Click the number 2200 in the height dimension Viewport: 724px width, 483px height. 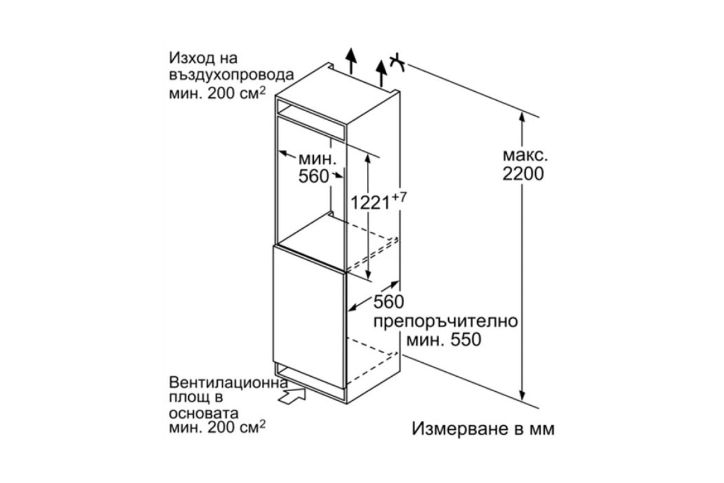click(x=523, y=174)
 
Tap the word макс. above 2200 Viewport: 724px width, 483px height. click(x=525, y=155)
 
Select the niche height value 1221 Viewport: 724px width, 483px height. click(x=370, y=203)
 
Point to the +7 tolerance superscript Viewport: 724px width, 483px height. click(x=399, y=197)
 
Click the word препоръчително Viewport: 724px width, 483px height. click(x=446, y=322)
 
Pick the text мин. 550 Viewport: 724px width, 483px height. click(x=444, y=340)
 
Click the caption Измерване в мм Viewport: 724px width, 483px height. click(x=483, y=429)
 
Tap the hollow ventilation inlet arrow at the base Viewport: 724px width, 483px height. click(x=292, y=396)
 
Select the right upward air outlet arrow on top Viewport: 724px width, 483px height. click(x=381, y=74)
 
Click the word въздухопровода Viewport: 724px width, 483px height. click(x=232, y=75)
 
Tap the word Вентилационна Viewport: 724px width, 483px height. click(x=228, y=383)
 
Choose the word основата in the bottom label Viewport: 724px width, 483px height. click(x=204, y=414)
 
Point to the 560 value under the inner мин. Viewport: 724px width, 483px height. click(x=314, y=176)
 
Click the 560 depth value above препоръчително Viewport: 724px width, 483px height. click(x=389, y=302)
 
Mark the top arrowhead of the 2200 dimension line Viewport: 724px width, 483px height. click(x=522, y=117)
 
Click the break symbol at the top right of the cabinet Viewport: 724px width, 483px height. click(x=397, y=63)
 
